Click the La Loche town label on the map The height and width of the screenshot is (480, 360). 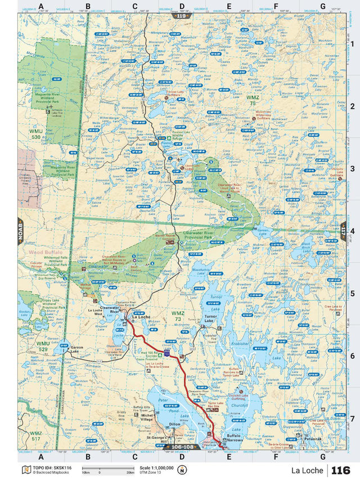coord(141,317)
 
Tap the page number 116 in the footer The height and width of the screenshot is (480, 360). coord(340,470)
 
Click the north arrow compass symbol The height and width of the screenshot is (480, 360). coord(182,470)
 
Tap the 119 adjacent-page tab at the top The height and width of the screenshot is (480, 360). coord(181,16)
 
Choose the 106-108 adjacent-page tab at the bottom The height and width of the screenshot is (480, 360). coord(181,447)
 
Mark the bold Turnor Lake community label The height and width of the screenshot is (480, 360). coord(210,316)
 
